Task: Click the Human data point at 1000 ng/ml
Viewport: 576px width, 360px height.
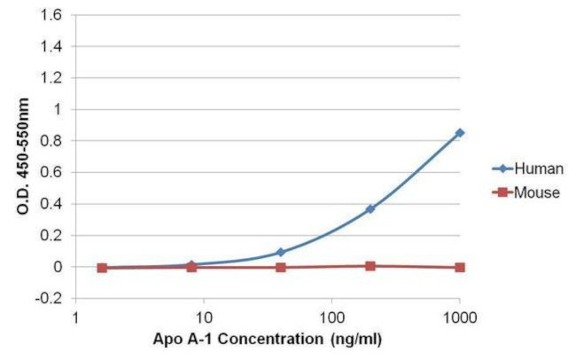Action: (x=459, y=133)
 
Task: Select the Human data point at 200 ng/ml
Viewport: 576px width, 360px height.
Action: (x=370, y=209)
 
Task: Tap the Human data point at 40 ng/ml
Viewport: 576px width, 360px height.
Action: (x=281, y=252)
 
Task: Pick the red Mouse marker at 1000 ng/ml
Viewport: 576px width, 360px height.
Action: (x=459, y=267)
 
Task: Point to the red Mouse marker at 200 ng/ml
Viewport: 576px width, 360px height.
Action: (x=370, y=265)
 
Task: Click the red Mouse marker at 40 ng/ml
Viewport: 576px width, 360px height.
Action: (x=281, y=267)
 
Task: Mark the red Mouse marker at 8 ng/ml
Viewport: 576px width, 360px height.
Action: (x=191, y=266)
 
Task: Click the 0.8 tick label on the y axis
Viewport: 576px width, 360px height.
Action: (x=58, y=141)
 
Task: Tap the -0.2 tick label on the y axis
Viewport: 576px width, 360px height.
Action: (x=57, y=299)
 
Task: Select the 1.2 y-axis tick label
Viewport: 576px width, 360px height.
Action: (x=58, y=78)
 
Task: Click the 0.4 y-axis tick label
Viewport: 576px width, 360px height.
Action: (x=58, y=204)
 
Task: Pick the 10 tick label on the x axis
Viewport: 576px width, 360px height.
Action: (x=204, y=317)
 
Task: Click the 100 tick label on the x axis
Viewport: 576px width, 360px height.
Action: (x=331, y=317)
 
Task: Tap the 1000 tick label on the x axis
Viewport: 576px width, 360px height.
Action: (x=459, y=317)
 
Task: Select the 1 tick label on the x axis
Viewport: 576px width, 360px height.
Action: (x=76, y=317)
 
